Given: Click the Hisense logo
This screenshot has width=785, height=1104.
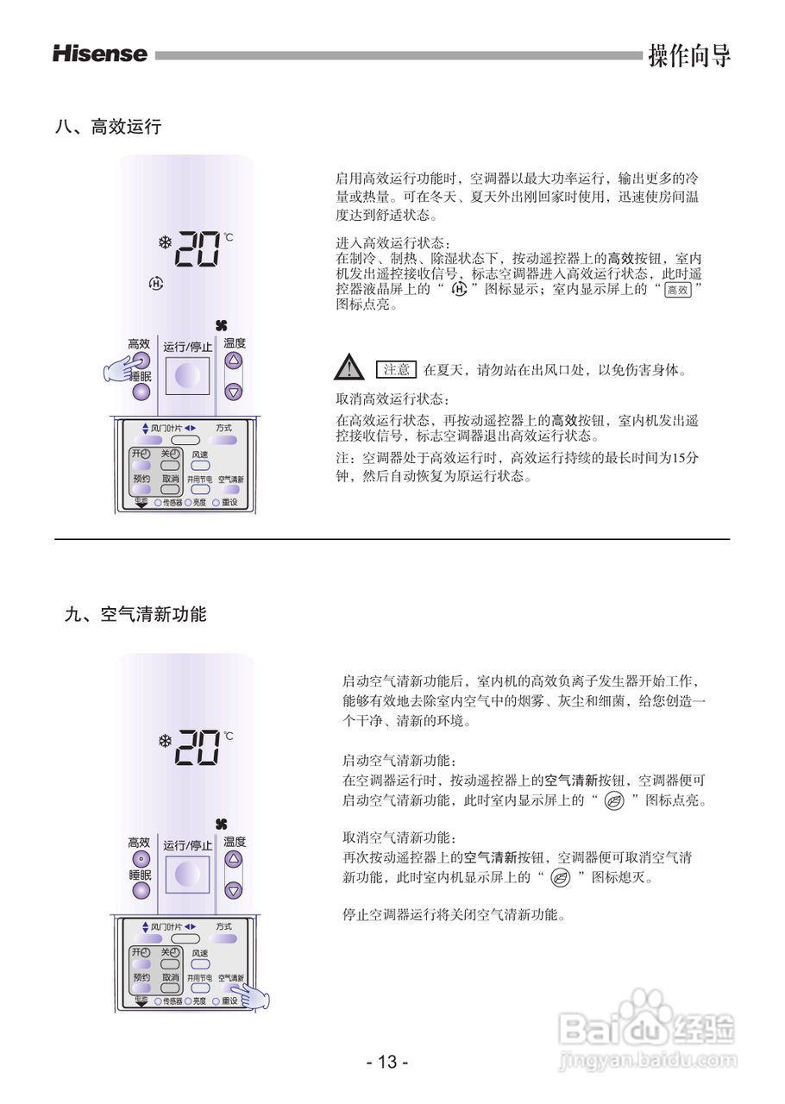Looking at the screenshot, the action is click(100, 54).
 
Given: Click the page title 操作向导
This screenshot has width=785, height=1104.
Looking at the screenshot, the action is click(689, 55).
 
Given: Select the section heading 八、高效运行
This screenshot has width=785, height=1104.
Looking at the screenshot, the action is click(108, 127).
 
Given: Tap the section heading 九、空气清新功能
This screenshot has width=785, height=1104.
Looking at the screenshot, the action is click(135, 615).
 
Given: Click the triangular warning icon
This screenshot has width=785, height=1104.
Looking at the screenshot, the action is click(348, 367).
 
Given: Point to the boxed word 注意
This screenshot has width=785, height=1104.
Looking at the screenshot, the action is click(397, 370).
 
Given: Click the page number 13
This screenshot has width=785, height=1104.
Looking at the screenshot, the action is click(387, 1062).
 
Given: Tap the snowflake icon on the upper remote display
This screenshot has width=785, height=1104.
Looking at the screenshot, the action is click(164, 242).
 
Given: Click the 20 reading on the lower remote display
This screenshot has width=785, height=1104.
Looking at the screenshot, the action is click(196, 747).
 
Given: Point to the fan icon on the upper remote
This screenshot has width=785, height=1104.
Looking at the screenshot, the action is click(223, 325).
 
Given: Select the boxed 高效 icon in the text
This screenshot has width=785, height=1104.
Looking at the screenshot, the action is click(678, 291).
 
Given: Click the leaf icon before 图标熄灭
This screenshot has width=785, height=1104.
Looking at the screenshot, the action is click(560, 878).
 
